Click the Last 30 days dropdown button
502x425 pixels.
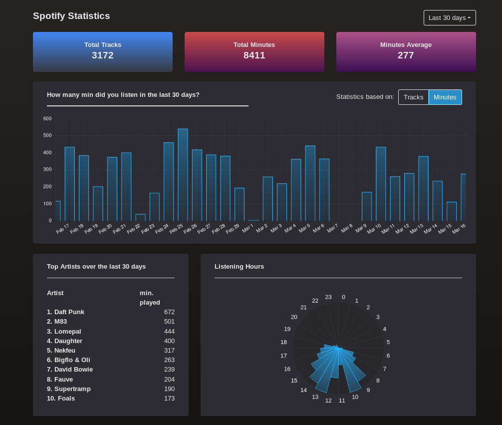pyautogui.click(x=449, y=18)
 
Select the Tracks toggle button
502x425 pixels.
pyautogui.click(x=413, y=97)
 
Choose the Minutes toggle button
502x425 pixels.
pyautogui.click(x=445, y=97)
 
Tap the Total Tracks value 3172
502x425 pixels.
pyautogui.click(x=103, y=55)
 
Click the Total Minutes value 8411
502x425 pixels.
pyautogui.click(x=254, y=55)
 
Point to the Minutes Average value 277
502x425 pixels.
pyautogui.click(x=406, y=55)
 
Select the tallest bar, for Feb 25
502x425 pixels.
pyautogui.click(x=183, y=175)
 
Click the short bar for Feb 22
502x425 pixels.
pyautogui.click(x=140, y=218)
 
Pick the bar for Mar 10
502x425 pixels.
pyautogui.click(x=381, y=184)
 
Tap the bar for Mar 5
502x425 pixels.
pyautogui.click(x=310, y=183)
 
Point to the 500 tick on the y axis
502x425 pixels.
pyautogui.click(x=47, y=135)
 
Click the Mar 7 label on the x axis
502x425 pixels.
pyautogui.click(x=333, y=228)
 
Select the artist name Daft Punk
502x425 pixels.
pyautogui.click(x=69, y=312)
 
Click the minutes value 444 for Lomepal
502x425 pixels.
pyautogui.click(x=169, y=332)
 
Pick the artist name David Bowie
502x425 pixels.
pyautogui.click(x=73, y=370)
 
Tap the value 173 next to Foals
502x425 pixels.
pyautogui.click(x=169, y=399)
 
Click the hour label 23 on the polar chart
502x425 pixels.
pyautogui.click(x=328, y=297)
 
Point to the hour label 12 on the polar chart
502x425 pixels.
pyautogui.click(x=328, y=401)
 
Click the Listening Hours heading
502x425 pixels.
pyautogui.click(x=239, y=267)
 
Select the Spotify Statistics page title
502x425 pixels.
pyautogui.click(x=71, y=16)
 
